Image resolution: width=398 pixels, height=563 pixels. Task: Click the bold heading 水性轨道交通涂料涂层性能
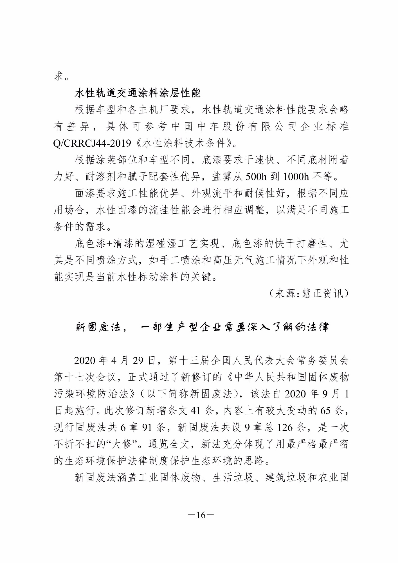point(138,93)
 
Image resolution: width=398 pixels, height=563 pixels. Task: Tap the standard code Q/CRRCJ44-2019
point(92,144)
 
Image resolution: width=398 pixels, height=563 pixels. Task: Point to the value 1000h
point(296,177)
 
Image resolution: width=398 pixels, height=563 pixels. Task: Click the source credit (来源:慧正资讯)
point(308,294)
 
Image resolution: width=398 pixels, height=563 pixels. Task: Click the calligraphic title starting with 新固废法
point(202,327)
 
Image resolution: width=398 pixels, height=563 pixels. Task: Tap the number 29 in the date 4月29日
point(138,361)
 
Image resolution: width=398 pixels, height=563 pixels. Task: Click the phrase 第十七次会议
point(86,377)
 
